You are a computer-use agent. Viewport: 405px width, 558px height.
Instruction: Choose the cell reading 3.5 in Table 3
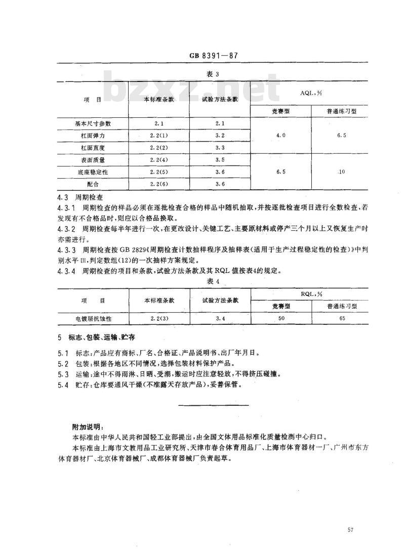tap(220, 160)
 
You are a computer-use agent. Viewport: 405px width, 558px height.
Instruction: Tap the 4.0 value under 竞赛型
tap(281, 136)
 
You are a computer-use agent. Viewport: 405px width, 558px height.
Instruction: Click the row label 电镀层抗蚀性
tap(93, 319)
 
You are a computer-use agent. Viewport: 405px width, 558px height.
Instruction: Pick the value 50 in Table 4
tap(281, 319)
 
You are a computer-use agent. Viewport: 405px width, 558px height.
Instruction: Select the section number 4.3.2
tap(66, 229)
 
